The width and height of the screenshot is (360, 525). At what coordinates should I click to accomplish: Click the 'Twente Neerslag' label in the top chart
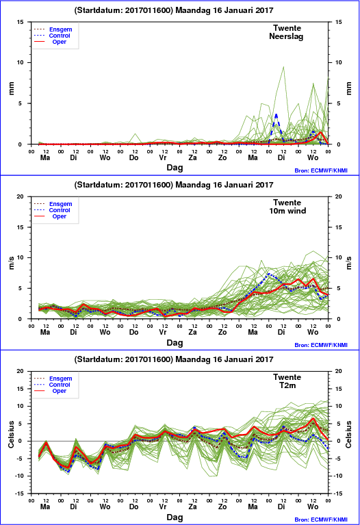[287, 32]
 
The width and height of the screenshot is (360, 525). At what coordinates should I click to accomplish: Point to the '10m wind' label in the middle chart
[287, 211]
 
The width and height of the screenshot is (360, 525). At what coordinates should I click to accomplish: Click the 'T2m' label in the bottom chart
[287, 385]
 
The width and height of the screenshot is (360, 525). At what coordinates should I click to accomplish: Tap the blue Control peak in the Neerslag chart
[277, 115]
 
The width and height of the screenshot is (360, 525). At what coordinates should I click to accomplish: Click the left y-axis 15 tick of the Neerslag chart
[20, 22]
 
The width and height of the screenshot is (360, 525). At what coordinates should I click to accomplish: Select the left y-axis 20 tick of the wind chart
[20, 196]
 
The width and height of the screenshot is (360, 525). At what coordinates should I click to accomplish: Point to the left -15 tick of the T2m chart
[19, 494]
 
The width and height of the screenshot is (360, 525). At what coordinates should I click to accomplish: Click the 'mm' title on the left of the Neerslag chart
[11, 88]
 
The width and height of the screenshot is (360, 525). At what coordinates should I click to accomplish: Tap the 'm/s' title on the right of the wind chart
[348, 263]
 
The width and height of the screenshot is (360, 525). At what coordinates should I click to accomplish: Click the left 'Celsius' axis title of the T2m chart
[11, 434]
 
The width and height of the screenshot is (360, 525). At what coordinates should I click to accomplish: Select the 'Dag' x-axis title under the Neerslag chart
[175, 168]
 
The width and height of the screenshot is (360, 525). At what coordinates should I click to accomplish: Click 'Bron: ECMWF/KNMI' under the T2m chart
[321, 520]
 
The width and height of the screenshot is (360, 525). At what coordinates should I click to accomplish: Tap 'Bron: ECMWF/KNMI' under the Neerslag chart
[321, 170]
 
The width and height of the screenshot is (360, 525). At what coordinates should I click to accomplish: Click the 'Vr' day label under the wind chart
[163, 332]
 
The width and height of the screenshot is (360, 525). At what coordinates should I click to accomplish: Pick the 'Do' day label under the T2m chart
[133, 507]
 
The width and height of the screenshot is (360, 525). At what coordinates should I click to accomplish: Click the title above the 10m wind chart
[174, 185]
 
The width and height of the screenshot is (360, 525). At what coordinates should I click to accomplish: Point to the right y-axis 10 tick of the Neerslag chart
[339, 62]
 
